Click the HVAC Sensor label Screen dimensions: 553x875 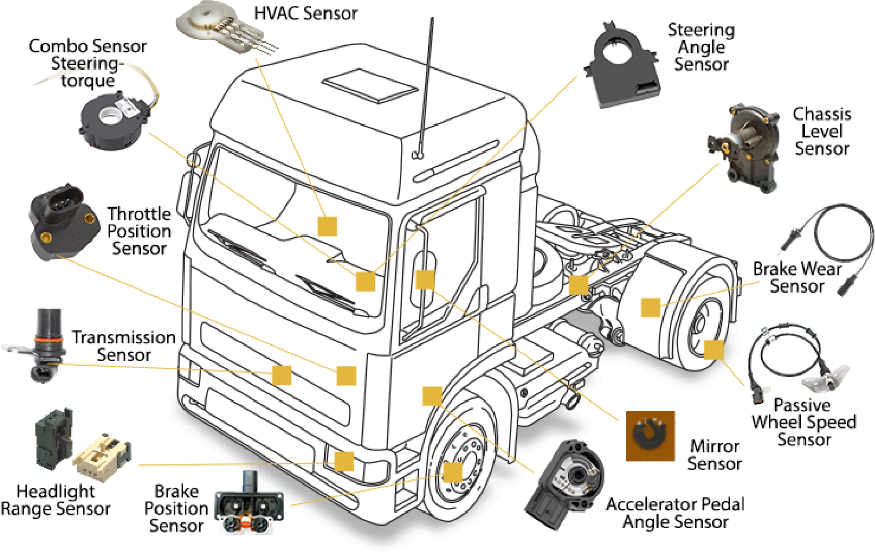coord(305,13)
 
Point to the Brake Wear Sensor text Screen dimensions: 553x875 coord(797,277)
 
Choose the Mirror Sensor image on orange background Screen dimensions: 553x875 coord(650,436)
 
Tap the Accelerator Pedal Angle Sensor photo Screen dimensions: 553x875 coord(566,483)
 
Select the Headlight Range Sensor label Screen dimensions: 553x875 coord(55,500)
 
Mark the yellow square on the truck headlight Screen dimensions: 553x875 coord(344,461)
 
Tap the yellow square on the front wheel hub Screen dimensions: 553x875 coord(452,472)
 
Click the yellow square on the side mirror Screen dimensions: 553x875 coord(425,279)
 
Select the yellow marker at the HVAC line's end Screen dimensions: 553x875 coord(327,226)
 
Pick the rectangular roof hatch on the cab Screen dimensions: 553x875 coord(370,86)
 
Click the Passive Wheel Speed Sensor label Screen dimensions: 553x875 coord(804,422)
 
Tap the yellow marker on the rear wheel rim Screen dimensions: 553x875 coord(714,350)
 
